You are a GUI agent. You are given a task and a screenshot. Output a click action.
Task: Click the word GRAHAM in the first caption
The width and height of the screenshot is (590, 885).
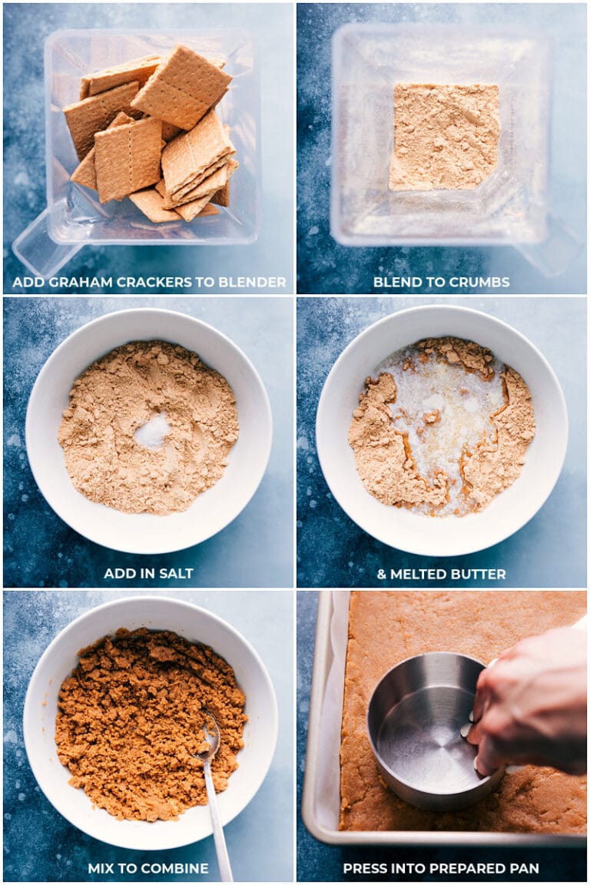coord(80,282)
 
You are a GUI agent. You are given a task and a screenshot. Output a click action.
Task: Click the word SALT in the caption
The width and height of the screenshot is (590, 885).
coord(178,573)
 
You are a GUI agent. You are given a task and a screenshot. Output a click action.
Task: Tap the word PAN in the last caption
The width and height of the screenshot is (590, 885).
coord(525,868)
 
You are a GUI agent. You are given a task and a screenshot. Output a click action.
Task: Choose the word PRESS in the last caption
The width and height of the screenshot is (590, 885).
coord(363,868)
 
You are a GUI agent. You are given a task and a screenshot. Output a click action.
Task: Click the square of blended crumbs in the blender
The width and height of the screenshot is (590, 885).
coord(444,137)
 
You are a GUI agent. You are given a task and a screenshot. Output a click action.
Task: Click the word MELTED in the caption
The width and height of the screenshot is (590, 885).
coord(416,574)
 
